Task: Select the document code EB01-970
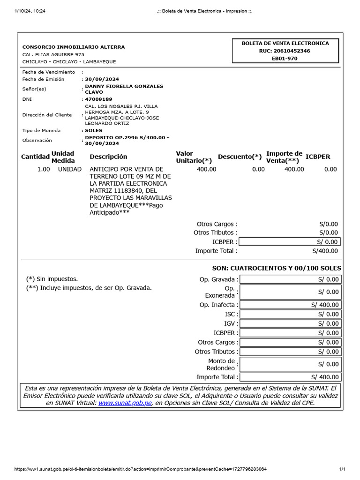[x=285, y=59]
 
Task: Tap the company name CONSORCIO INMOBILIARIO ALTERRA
[x=74, y=47]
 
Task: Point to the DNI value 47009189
[x=98, y=99]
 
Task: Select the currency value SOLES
[x=94, y=130]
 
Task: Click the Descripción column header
[x=108, y=157]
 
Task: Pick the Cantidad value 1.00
[x=44, y=169]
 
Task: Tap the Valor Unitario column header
[x=194, y=157]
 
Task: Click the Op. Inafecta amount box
[x=290, y=305]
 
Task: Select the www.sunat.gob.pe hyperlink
[x=125, y=403]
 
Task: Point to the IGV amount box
[x=290, y=323]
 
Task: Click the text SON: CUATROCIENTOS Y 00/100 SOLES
[x=277, y=268]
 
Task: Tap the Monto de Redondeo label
[x=221, y=364]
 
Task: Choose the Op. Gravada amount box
[x=290, y=280]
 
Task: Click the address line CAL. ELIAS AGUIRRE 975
[x=53, y=54]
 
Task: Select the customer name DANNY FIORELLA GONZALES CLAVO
[x=124, y=89]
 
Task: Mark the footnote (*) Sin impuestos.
[x=52, y=279]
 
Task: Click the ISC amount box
[x=290, y=314]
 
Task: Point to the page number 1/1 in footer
[x=342, y=469]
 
